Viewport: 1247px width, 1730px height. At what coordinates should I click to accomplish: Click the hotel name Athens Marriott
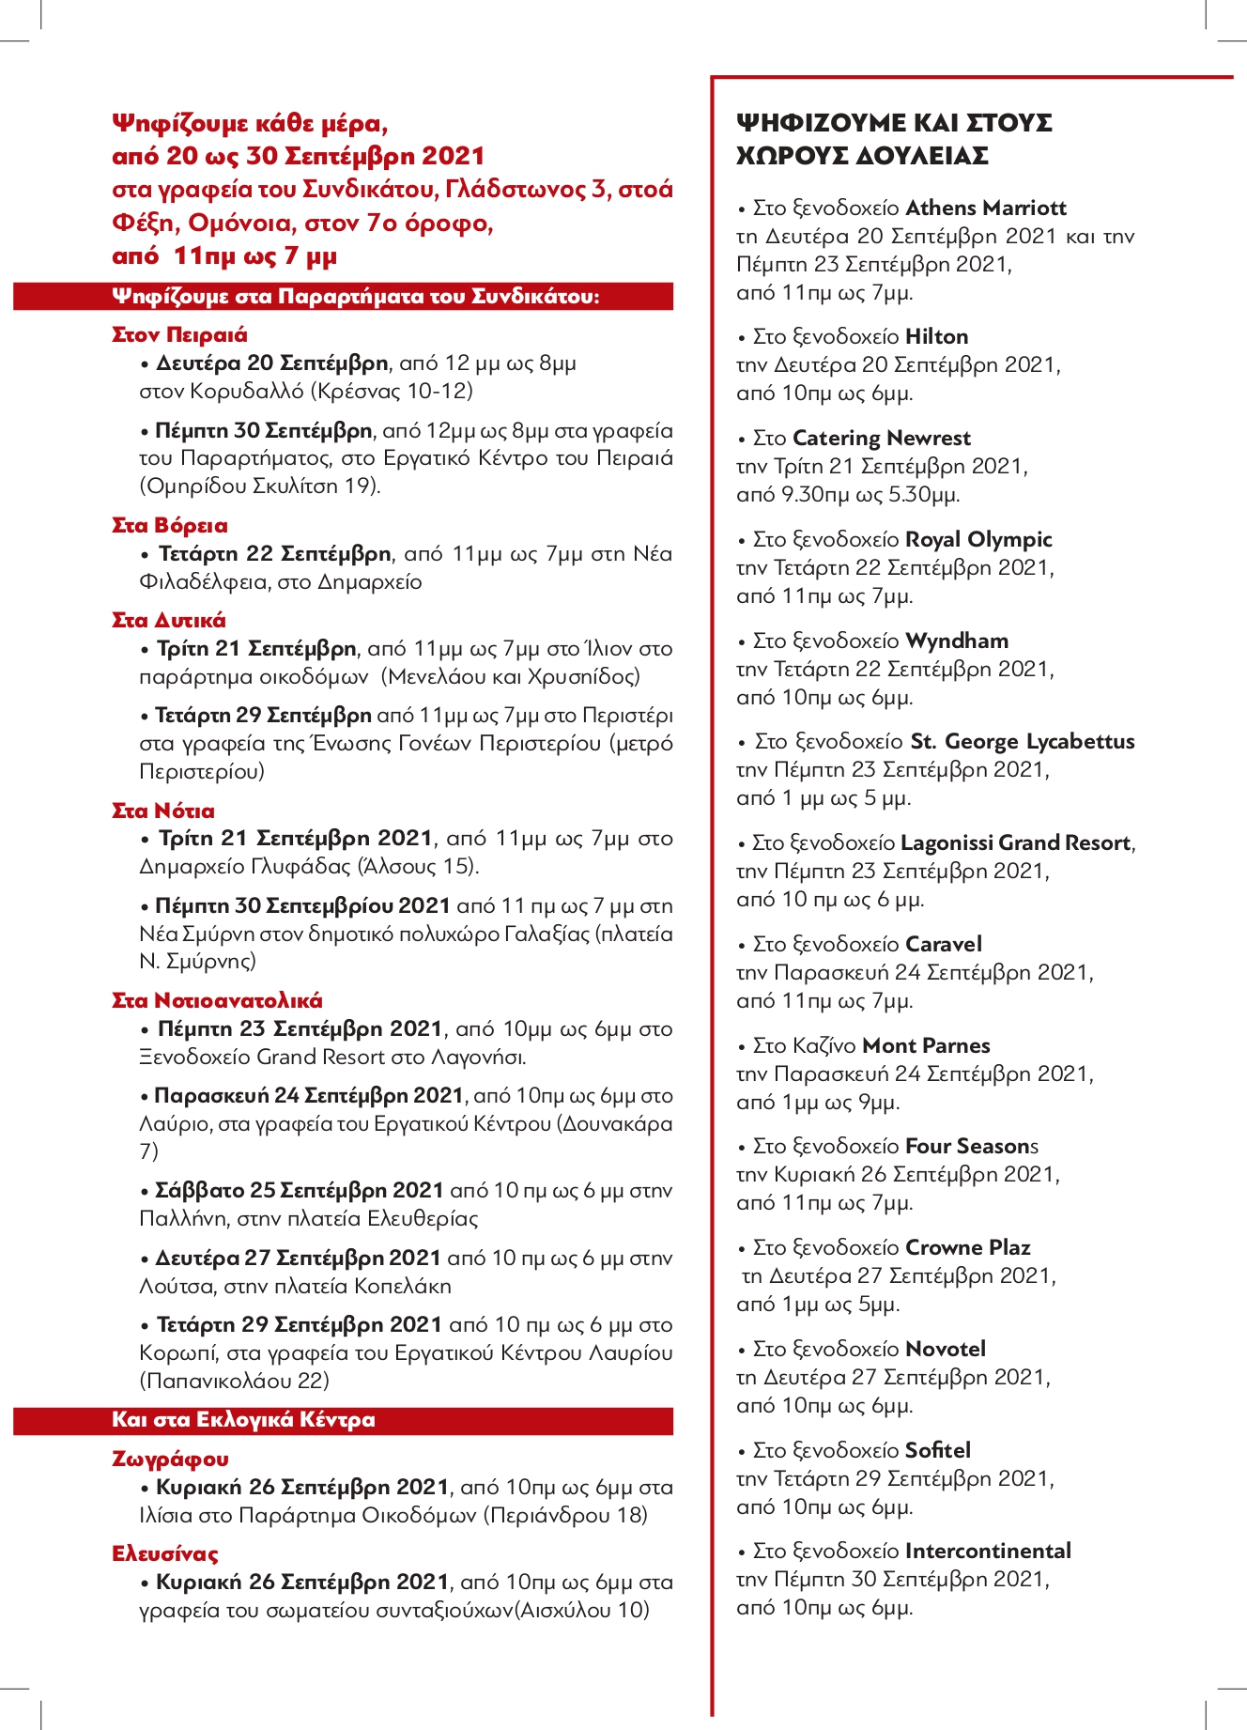click(x=986, y=208)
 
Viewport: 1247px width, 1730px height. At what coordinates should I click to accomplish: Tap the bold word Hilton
click(x=936, y=336)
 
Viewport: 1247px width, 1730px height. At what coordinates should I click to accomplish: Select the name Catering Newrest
click(x=882, y=438)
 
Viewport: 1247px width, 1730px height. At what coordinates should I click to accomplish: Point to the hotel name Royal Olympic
click(x=978, y=539)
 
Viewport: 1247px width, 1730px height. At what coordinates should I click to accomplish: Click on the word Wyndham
click(x=957, y=641)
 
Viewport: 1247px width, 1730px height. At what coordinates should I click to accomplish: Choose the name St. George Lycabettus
click(x=1023, y=741)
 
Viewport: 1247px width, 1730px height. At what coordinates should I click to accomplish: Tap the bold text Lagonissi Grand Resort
click(x=1015, y=842)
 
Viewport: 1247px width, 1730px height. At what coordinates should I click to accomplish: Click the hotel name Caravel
click(x=944, y=944)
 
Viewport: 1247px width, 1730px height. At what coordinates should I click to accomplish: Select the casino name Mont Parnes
click(x=926, y=1045)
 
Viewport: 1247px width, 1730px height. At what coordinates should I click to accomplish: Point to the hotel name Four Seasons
click(x=971, y=1146)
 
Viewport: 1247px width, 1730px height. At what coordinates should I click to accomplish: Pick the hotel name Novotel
click(x=946, y=1349)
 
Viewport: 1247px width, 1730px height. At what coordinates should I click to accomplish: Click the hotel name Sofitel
click(x=938, y=1450)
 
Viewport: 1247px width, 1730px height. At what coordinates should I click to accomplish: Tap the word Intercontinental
click(x=988, y=1551)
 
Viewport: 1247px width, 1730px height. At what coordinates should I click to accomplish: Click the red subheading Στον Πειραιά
click(x=179, y=335)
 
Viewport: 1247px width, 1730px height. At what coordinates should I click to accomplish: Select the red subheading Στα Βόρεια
click(x=170, y=526)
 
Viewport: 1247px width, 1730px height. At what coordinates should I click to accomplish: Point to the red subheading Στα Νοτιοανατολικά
click(x=217, y=1001)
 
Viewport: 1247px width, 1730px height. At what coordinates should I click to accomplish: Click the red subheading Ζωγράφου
click(x=170, y=1460)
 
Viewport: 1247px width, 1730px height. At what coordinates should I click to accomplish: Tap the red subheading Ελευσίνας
click(x=165, y=1554)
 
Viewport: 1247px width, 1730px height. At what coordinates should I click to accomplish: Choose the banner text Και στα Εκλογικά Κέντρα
click(x=243, y=1420)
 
